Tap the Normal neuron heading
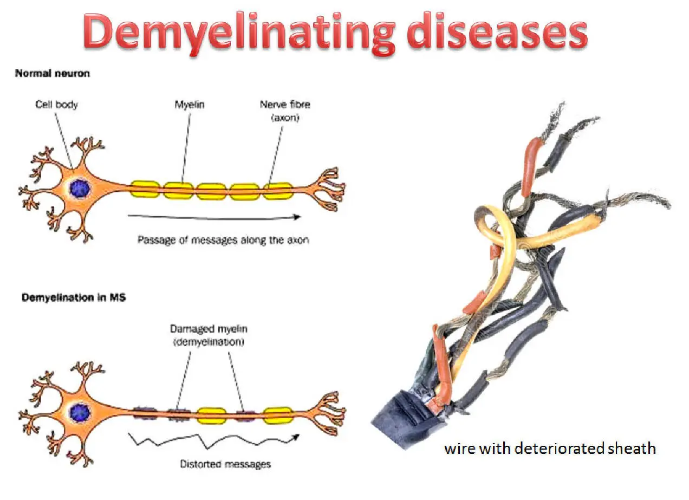pos(52,74)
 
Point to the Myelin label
pos(190,105)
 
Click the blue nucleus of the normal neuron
pos(80,189)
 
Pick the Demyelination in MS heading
pos(73,297)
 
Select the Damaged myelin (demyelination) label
pos(209,334)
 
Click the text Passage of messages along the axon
pos(223,239)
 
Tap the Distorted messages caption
pos(225,464)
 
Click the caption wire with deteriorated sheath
pos(550,449)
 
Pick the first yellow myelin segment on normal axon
pos(145,189)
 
